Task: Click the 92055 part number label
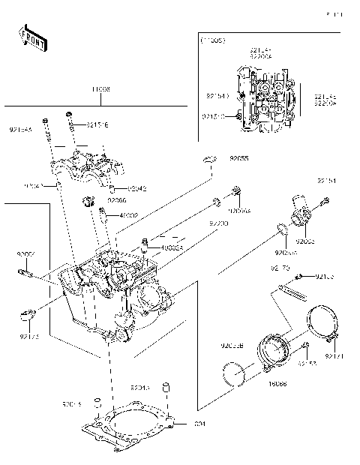pos(239,159)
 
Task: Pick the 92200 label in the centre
pos(218,223)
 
